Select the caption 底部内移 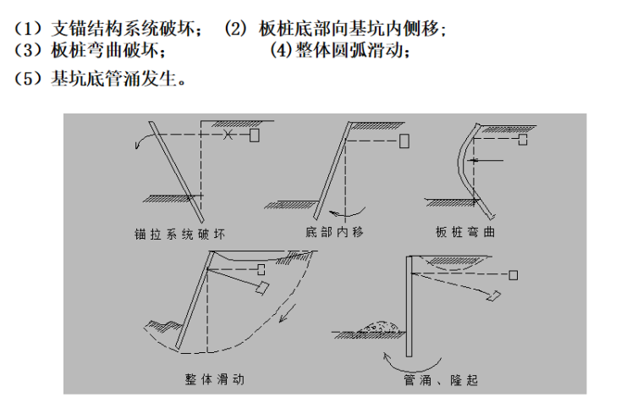pos(332,232)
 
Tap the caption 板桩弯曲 pos(464,232)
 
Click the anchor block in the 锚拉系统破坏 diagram pos(255,135)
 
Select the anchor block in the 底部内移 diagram pos(404,138)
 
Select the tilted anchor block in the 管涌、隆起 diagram pos(493,295)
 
